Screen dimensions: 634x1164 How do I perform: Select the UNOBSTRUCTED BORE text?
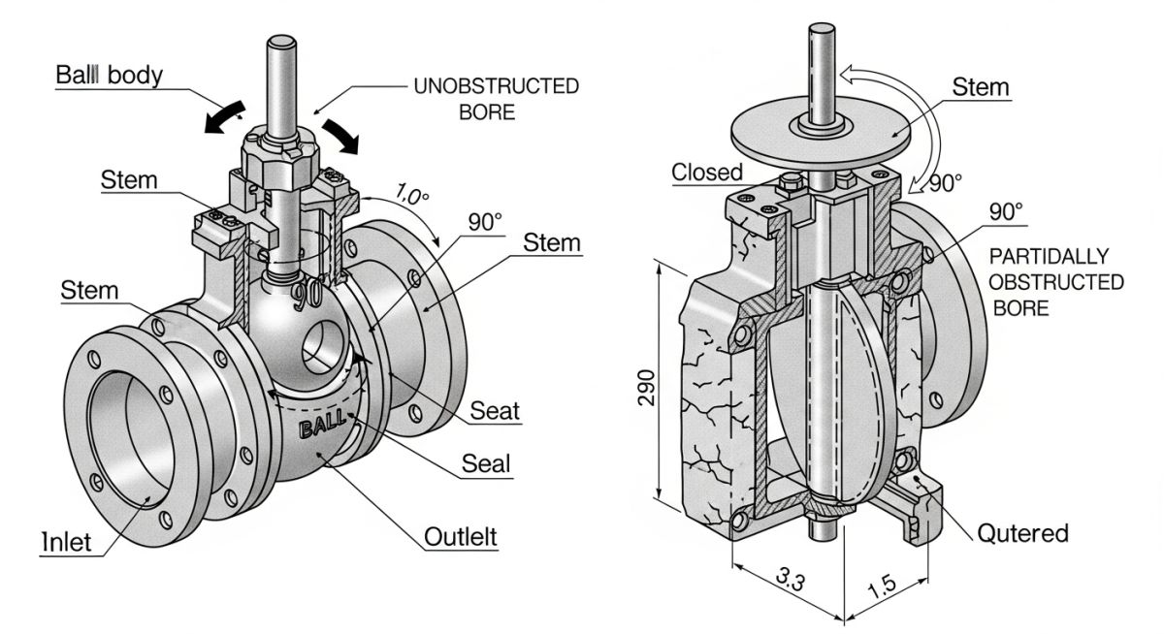496,99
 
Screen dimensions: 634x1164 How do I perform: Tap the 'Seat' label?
495,410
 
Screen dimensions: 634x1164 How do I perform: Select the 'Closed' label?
706,173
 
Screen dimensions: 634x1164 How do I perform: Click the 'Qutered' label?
1022,532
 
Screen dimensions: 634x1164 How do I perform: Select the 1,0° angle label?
411,196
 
